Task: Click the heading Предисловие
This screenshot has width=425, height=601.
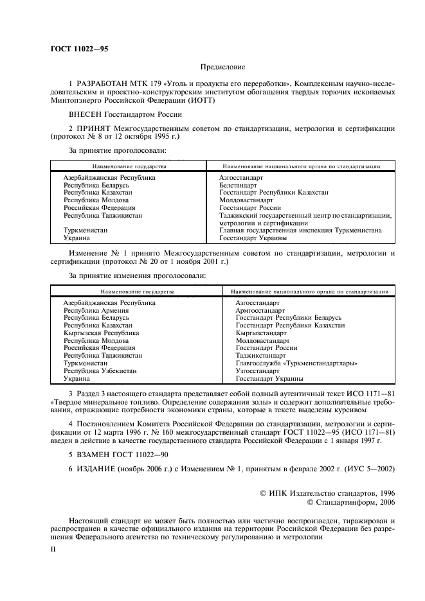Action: pos(222,66)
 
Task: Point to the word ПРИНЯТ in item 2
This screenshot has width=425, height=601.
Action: pos(95,129)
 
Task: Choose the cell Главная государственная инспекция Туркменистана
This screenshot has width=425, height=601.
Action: pos(300,230)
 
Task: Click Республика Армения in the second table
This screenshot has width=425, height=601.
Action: pos(91,310)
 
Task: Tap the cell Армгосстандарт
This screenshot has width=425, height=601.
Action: pos(259,310)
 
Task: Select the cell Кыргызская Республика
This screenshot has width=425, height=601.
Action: pos(101,333)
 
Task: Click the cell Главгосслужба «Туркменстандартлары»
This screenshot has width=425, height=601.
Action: pos(296,363)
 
